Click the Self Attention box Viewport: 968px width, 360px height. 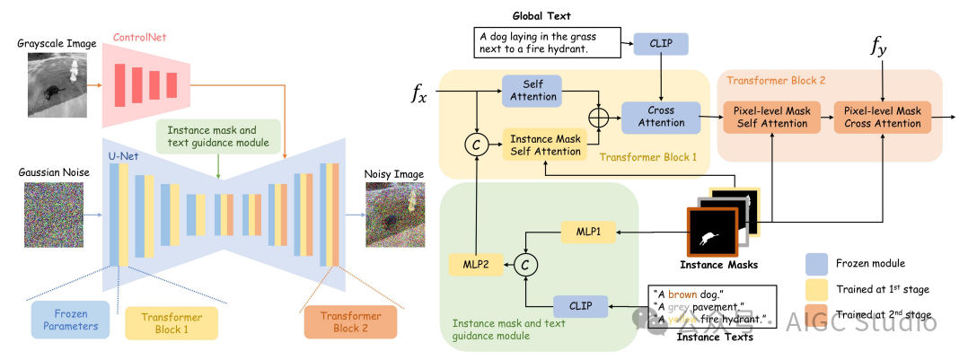[532, 90]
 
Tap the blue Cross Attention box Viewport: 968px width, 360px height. [661, 116]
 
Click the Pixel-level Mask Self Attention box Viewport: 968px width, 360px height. [772, 116]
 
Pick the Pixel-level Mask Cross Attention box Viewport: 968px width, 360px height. [883, 116]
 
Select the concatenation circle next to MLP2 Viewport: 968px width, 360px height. [517, 264]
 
